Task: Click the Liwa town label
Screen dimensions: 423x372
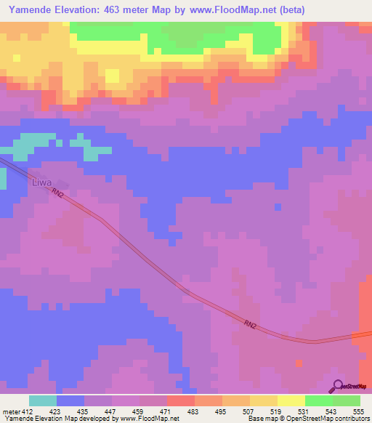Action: tap(42, 182)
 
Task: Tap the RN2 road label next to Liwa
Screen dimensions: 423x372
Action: tap(59, 194)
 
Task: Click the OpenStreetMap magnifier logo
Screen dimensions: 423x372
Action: tap(339, 385)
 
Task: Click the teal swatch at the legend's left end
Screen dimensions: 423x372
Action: tap(42, 400)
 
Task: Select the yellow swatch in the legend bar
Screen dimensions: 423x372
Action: tap(291, 400)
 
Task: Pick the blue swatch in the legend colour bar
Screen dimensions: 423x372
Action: tap(70, 400)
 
